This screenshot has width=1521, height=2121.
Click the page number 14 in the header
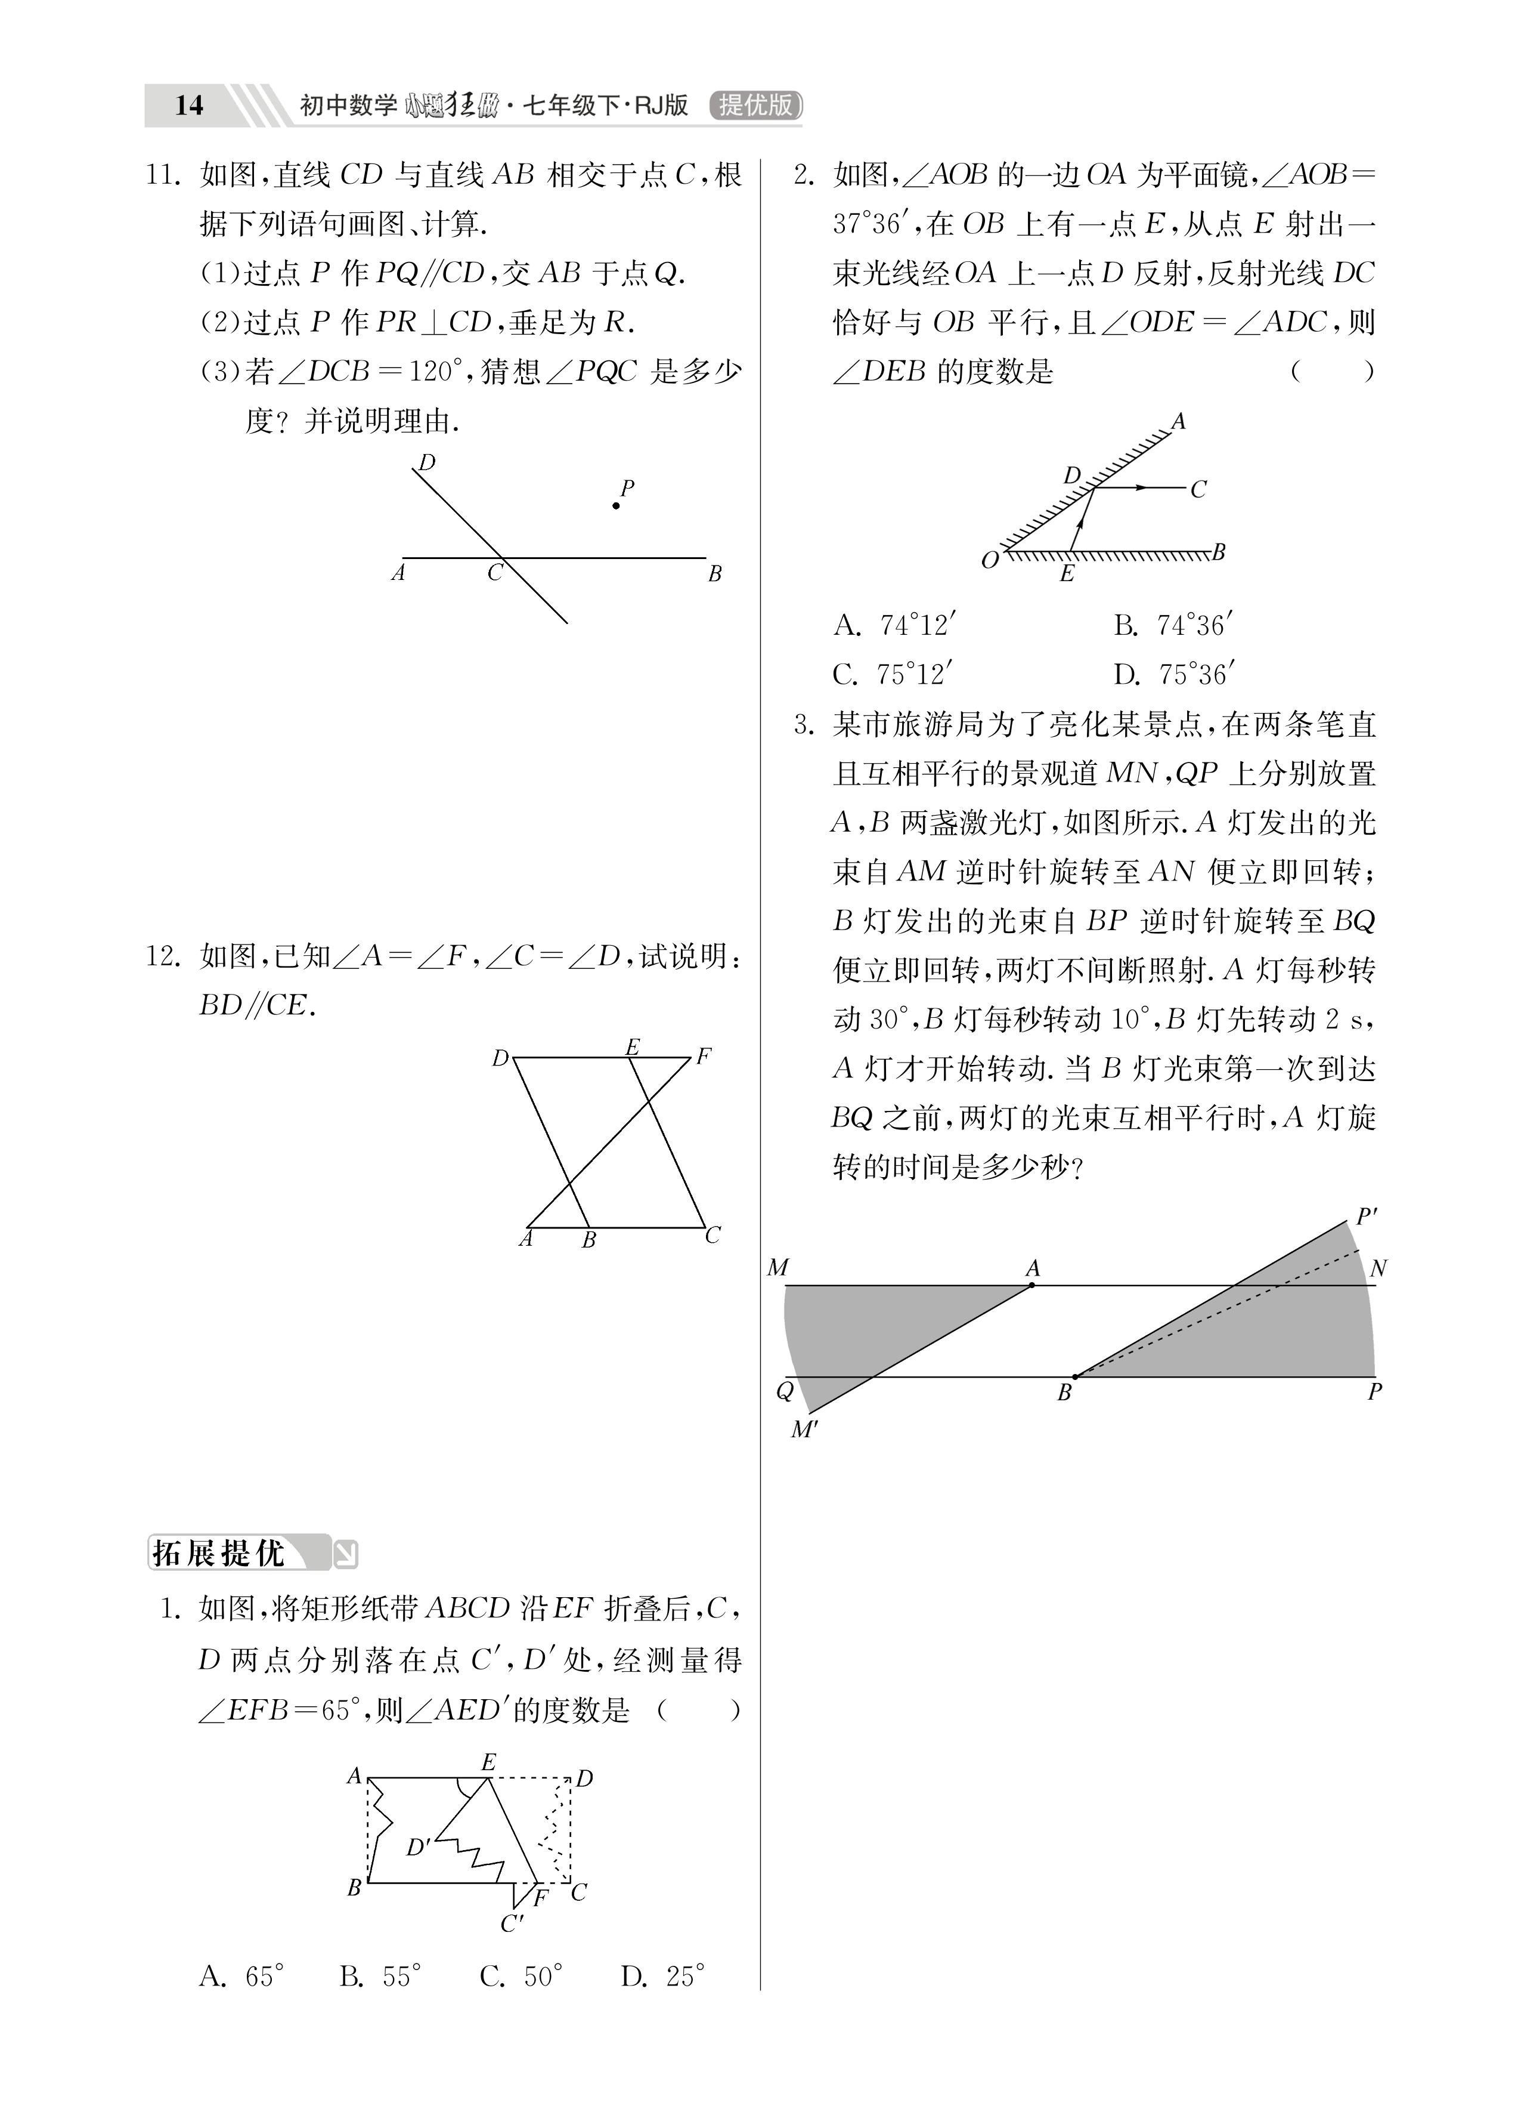pyautogui.click(x=189, y=105)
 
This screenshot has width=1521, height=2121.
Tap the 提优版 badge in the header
pyautogui.click(x=755, y=105)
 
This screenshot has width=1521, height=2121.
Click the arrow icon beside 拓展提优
pyautogui.click(x=345, y=1554)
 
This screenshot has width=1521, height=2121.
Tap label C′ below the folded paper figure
pyautogui.click(x=512, y=1924)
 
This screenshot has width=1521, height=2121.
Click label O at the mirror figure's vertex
pyautogui.click(x=990, y=561)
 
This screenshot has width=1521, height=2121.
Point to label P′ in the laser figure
pyautogui.click(x=1366, y=1217)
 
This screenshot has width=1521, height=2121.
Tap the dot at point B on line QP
pyautogui.click(x=1075, y=1376)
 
